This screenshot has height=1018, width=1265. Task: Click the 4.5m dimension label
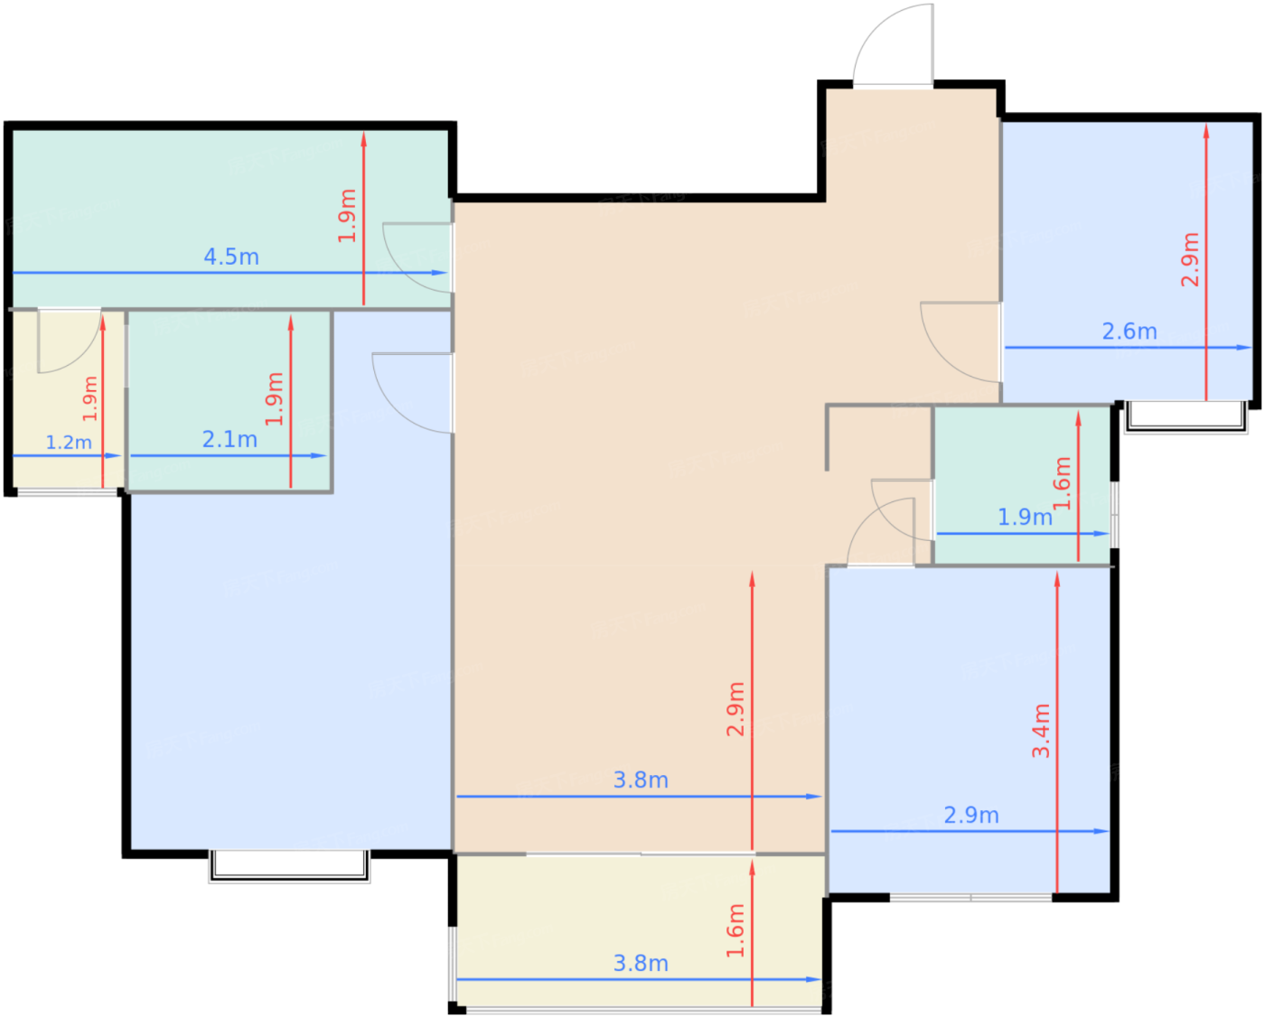231,257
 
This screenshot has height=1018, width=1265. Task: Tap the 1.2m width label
69,442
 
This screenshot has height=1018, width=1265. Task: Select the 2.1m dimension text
230,439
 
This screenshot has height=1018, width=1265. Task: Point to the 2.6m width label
1129,332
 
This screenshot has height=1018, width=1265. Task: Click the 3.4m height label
1041,731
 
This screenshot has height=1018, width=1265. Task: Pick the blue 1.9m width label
1026,518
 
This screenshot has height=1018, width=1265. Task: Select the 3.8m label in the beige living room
641,780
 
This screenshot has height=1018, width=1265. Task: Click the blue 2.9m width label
971,816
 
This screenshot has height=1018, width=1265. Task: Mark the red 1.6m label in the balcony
736,930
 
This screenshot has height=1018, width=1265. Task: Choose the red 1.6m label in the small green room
1062,483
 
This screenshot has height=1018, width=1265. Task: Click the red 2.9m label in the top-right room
1190,260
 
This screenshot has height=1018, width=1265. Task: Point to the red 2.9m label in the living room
736,709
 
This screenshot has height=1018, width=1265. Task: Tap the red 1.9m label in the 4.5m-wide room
347,216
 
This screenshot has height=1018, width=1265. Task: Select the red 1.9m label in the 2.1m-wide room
274,398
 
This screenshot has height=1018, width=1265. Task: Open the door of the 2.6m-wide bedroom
942,359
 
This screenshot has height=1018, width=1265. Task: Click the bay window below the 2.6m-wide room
1186,416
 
